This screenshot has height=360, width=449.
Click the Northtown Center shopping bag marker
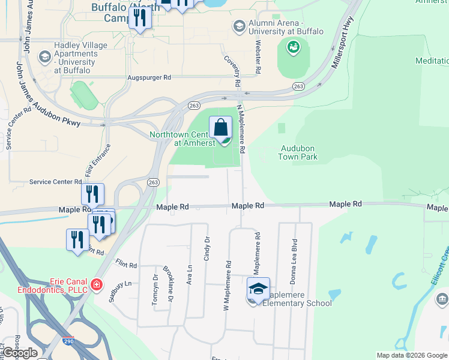[221, 128]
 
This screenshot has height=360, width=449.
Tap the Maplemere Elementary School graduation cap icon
[258, 289]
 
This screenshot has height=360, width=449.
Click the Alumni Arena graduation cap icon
[239, 26]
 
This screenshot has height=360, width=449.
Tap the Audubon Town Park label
[298, 152]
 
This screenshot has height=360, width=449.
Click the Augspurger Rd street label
[149, 78]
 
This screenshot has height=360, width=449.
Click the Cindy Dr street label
[207, 247]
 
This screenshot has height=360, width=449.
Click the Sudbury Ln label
[119, 284]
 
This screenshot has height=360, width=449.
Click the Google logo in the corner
[20, 353]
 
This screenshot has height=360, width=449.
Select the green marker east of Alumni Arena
[294, 47]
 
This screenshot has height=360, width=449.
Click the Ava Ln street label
[190, 274]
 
